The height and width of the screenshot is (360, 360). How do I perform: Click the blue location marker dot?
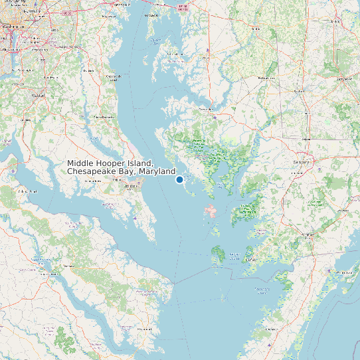pyautogui.click(x=179, y=179)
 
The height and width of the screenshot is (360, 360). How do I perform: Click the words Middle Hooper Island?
pyautogui.click(x=110, y=163)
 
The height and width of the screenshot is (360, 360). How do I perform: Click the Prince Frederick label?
pyautogui.click(x=103, y=117)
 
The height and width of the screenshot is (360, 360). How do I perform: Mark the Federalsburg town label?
pyautogui.click(x=266, y=78)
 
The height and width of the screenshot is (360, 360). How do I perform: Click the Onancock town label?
pyautogui.click(x=272, y=328)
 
